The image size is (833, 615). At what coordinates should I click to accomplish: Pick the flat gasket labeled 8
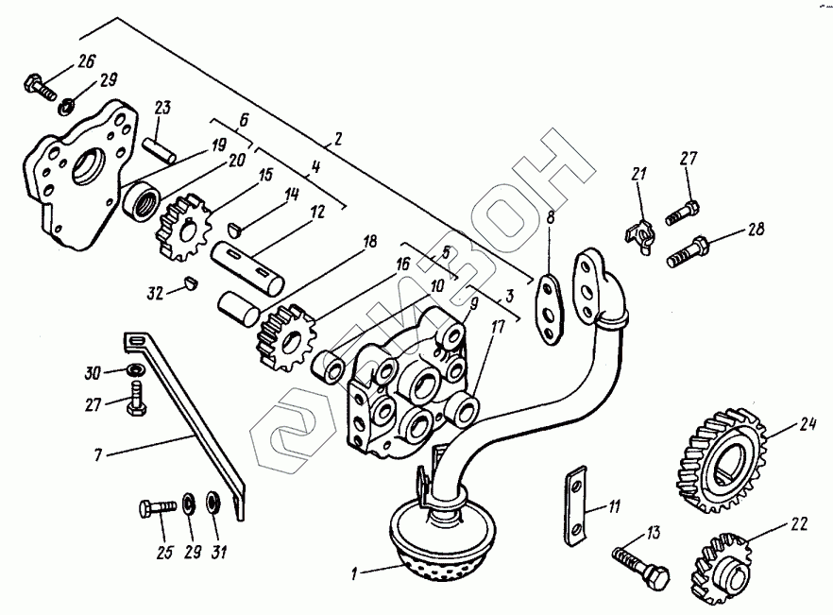[x=548, y=307]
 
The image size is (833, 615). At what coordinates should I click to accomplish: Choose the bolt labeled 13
[x=641, y=564]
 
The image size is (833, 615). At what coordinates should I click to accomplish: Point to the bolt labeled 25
[x=158, y=508]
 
